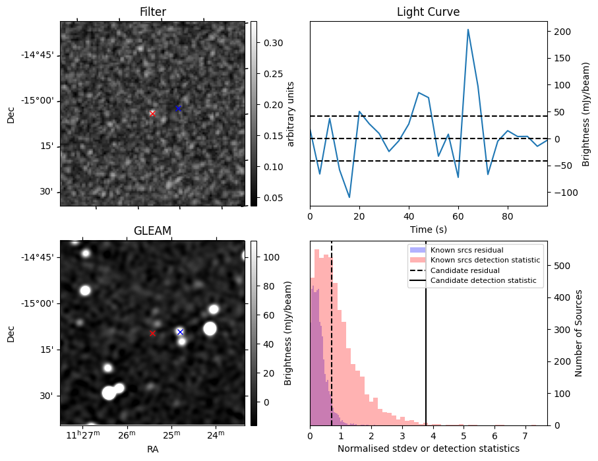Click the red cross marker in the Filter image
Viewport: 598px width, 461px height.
[x=152, y=113]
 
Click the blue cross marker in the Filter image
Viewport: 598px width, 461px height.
[x=178, y=108]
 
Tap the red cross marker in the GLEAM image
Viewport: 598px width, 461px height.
[x=152, y=333]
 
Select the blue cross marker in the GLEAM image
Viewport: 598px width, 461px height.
[x=180, y=332]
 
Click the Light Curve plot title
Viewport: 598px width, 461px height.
[x=428, y=12]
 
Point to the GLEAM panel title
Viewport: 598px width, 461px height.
[x=152, y=231]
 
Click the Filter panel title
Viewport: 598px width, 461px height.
[x=152, y=12]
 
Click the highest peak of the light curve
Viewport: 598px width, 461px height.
[x=467, y=30]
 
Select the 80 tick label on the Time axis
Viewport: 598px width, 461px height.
[x=507, y=216]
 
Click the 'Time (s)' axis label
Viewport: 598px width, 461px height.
[x=428, y=228]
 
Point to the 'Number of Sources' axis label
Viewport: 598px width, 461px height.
[x=579, y=332]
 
